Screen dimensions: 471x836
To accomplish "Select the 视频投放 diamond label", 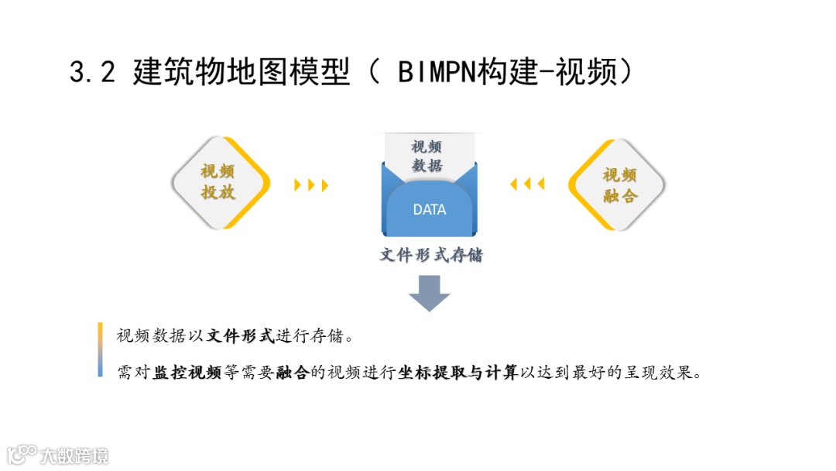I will coord(218,182).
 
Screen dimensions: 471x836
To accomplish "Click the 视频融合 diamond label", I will coord(619,185).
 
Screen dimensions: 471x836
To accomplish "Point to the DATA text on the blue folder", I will coord(430,209).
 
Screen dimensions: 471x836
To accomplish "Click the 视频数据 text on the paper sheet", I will coord(427,156).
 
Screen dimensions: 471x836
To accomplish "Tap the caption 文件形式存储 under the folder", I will coord(430,255).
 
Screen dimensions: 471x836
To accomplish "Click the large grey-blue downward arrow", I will coord(429,292).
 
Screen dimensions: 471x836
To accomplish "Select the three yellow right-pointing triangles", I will coord(312,185).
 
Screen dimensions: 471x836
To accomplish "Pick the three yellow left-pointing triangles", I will coord(527,184).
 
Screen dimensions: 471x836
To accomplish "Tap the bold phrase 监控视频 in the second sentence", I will coord(187,373).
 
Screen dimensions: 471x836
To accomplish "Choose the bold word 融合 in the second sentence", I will coord(292,373).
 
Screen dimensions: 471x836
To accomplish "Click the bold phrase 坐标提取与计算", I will coord(457,373).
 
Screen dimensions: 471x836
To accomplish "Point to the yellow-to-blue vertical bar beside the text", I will coord(101,349).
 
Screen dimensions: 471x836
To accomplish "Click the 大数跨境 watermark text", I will coord(75,455).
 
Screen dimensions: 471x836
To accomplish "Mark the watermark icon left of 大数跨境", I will coord(22,454).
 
